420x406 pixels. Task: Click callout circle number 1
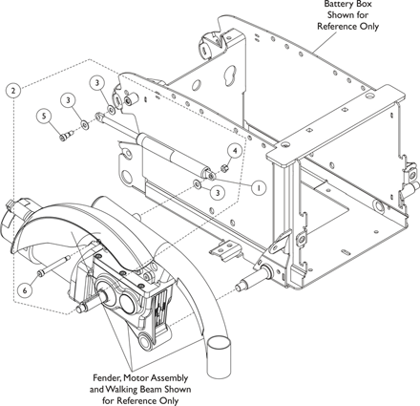pyautogui.click(x=259, y=187)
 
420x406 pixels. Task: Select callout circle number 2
pyautogui.click(x=13, y=91)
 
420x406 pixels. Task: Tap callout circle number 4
pyautogui.click(x=235, y=151)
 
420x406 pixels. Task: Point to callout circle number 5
pyautogui.click(x=44, y=117)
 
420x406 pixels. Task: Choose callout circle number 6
pyautogui.click(x=25, y=289)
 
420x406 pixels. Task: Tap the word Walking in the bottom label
pyautogui.click(x=122, y=390)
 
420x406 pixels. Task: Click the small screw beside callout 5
pyautogui.click(x=66, y=136)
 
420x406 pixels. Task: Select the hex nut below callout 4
pyautogui.click(x=223, y=167)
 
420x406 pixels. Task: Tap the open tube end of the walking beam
pyautogui.click(x=218, y=344)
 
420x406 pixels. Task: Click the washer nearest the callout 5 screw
pyautogui.click(x=84, y=125)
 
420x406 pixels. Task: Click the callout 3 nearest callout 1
pyautogui.click(x=218, y=193)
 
